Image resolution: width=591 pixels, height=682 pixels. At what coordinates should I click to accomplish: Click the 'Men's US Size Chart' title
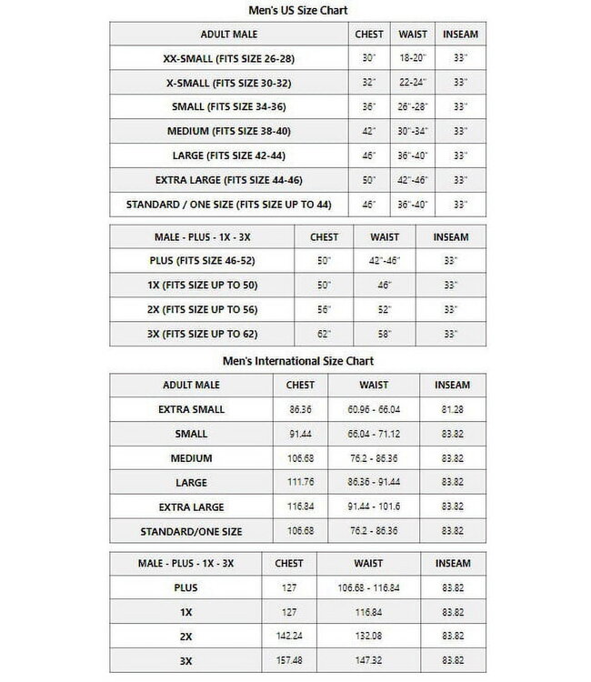pyautogui.click(x=298, y=10)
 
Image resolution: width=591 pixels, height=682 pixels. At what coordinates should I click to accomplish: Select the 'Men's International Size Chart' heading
pyautogui.click(x=298, y=361)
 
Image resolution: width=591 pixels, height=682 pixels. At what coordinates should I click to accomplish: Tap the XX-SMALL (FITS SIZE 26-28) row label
pyautogui.click(x=228, y=58)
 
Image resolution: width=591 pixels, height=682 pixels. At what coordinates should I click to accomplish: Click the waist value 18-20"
pyautogui.click(x=413, y=58)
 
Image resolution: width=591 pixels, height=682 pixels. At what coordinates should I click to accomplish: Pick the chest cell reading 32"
pyautogui.click(x=368, y=83)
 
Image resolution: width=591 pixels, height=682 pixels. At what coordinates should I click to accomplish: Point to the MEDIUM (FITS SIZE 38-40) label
pyautogui.click(x=228, y=131)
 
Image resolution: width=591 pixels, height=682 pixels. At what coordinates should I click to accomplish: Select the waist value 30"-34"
pyautogui.click(x=413, y=131)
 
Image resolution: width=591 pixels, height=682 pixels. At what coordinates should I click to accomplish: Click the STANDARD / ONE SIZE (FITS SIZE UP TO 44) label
pyautogui.click(x=228, y=205)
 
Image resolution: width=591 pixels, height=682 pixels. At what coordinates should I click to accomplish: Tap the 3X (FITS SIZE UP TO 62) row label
pyautogui.click(x=202, y=335)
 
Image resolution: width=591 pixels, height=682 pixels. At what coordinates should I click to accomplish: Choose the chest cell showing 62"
pyautogui.click(x=324, y=335)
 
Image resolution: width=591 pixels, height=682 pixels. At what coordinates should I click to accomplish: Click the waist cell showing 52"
pyautogui.click(x=384, y=310)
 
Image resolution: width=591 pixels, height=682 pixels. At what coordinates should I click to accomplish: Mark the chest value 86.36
pyautogui.click(x=300, y=409)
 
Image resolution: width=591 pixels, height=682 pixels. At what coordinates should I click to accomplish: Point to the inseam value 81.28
pyautogui.click(x=452, y=409)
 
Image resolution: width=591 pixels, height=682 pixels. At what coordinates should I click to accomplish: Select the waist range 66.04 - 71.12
pyautogui.click(x=373, y=434)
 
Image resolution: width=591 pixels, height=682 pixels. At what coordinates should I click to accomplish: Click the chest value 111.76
pyautogui.click(x=300, y=483)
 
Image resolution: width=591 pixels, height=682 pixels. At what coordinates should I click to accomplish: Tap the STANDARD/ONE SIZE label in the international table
pyautogui.click(x=191, y=532)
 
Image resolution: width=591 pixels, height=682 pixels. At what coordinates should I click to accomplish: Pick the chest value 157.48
pyautogui.click(x=288, y=661)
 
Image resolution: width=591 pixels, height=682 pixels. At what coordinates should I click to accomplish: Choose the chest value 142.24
pyautogui.click(x=288, y=637)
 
